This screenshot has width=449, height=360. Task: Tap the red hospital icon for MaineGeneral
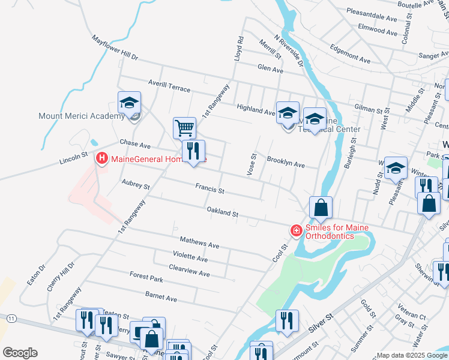(102, 158)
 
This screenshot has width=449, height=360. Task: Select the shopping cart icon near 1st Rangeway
(184, 128)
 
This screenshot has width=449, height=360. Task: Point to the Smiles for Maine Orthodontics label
(330, 232)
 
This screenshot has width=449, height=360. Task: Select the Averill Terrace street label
(169, 85)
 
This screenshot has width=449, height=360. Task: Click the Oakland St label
(223, 213)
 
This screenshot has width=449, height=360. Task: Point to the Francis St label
(209, 189)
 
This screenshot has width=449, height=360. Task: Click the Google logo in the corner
(20, 353)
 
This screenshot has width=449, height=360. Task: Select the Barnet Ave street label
(161, 297)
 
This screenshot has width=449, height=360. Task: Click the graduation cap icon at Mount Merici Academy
(129, 103)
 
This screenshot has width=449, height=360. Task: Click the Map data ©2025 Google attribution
(412, 355)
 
